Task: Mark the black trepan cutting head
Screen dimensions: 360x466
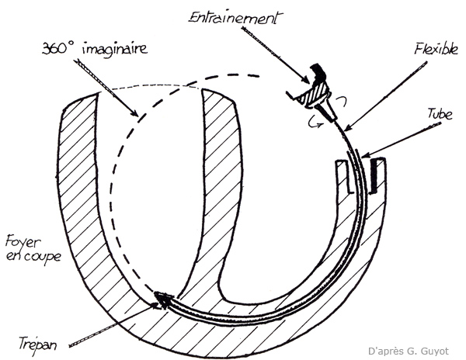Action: click(163, 296)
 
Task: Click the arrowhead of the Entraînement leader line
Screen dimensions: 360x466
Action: click(307, 80)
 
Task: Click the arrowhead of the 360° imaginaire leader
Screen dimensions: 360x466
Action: click(137, 115)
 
